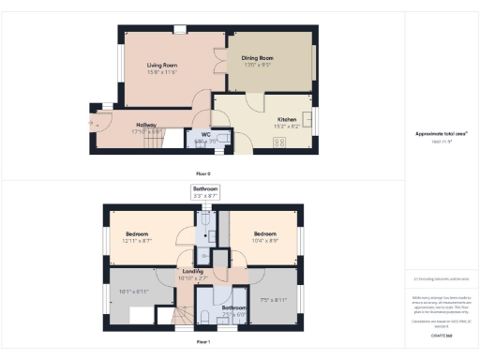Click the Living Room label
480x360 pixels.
point(163,65)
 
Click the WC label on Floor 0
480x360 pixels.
point(205,134)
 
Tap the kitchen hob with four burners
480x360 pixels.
point(278,142)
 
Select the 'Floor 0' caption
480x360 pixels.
point(203,174)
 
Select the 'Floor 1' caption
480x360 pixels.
point(203,342)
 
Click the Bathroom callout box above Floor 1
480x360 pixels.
point(205,192)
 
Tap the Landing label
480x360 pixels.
point(192,272)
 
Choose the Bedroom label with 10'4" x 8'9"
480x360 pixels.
point(263,234)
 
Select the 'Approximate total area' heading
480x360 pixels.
point(441,133)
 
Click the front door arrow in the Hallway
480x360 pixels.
point(92,123)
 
